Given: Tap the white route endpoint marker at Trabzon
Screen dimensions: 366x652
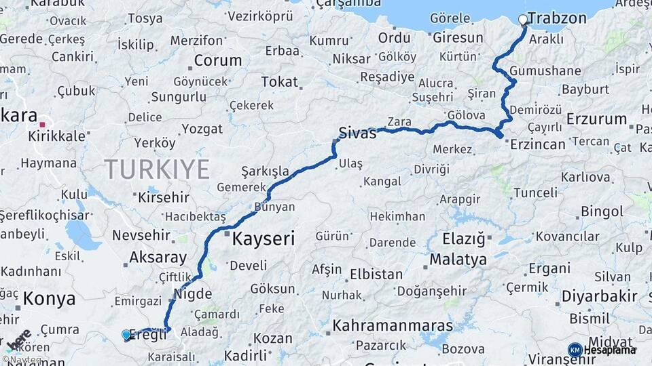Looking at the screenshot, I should coord(523,20).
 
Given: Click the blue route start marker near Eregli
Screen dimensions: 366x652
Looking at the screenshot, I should coord(126,334).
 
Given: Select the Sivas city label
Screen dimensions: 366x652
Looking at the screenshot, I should coord(357,133).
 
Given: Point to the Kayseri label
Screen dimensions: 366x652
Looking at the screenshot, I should coord(264,239).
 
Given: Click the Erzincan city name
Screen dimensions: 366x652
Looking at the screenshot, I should coord(537,144).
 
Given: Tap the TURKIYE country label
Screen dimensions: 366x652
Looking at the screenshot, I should coord(157,169).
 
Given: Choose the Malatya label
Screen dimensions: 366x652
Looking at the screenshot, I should coord(458,260).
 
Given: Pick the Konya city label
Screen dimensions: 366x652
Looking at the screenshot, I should coord(49,298).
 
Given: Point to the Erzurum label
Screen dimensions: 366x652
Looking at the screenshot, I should coord(596,119).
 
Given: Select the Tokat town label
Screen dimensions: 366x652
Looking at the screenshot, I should coord(279,82).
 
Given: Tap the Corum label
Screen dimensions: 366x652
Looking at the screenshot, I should coord(217,60).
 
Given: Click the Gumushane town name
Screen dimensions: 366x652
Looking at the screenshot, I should coord(545,70).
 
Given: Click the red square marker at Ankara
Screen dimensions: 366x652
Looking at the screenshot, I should coord(42,125).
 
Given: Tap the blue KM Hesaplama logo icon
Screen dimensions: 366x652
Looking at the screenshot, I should coord(575,350).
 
